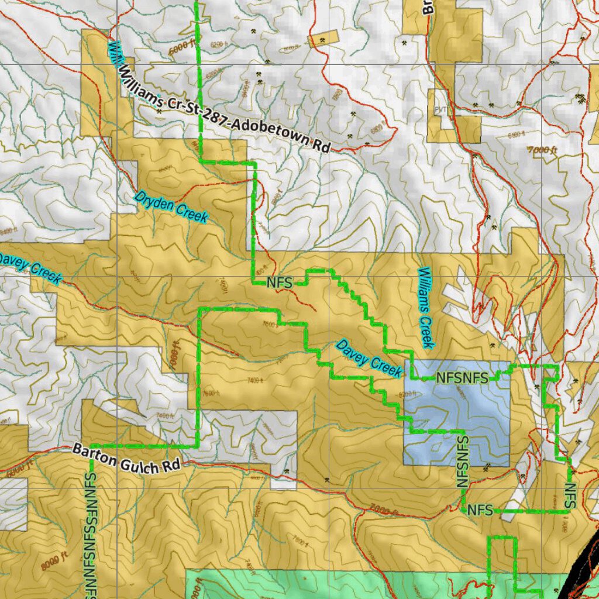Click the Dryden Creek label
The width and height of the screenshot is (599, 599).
coord(171,207)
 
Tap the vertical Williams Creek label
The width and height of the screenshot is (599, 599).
coord(426,308)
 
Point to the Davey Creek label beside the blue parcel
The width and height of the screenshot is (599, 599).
coord(369,358)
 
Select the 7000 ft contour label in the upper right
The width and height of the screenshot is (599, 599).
coord(542,150)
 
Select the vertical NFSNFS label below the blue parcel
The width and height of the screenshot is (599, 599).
coord(462,462)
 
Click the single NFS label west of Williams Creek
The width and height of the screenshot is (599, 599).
coord(279,283)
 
